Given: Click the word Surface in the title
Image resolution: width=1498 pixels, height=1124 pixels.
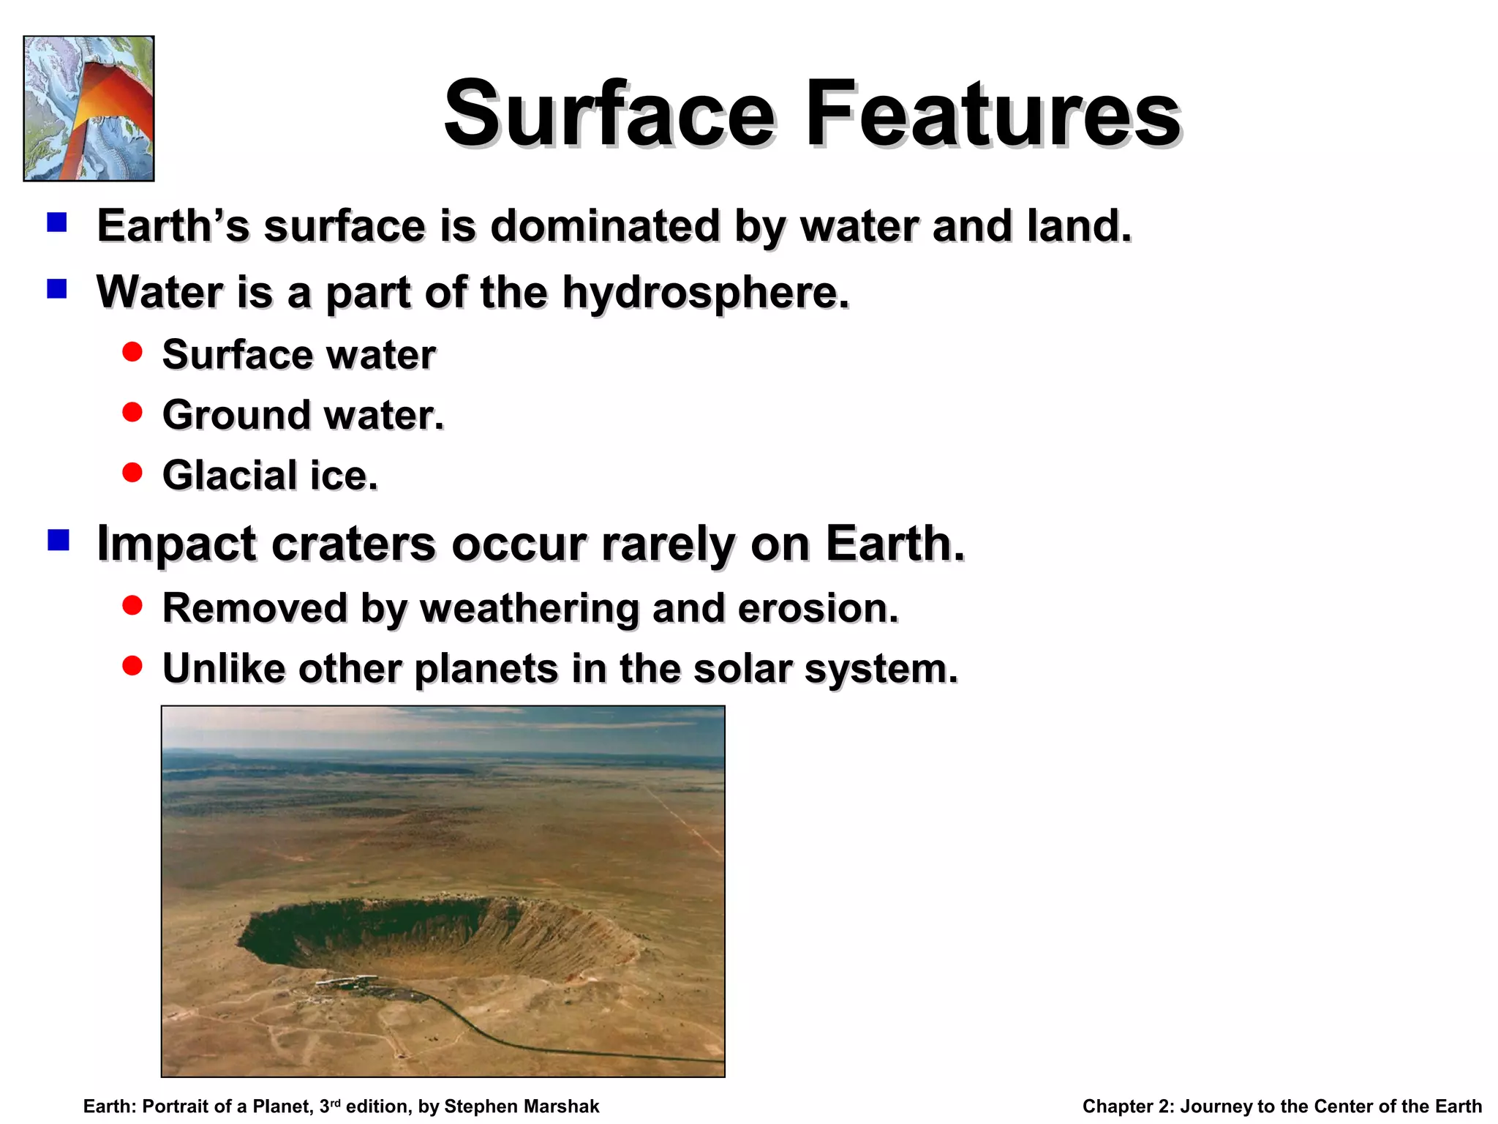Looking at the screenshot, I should (609, 115).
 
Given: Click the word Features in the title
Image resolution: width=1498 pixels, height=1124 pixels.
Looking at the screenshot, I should (993, 115).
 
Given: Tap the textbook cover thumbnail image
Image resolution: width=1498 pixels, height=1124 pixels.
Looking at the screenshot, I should (89, 108).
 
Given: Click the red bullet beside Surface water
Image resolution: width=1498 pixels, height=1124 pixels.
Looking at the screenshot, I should (132, 353).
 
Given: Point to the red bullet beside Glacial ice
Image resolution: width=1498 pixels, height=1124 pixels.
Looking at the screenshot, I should (132, 473).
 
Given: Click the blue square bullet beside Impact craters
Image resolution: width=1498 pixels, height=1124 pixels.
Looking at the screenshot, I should (58, 541).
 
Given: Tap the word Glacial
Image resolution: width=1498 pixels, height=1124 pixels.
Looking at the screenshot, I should (230, 475).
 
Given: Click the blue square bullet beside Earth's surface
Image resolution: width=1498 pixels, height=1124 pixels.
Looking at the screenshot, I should (57, 222).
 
